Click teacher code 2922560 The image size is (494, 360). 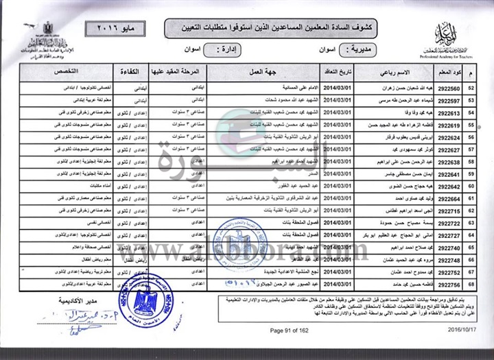point(449,88)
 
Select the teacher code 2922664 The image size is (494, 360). point(449,198)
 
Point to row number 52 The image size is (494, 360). point(471,88)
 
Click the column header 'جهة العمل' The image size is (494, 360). point(270,71)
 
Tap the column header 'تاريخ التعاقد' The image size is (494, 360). point(338,71)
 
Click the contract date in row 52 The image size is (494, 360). point(338,88)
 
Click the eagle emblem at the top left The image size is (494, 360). point(47,28)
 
